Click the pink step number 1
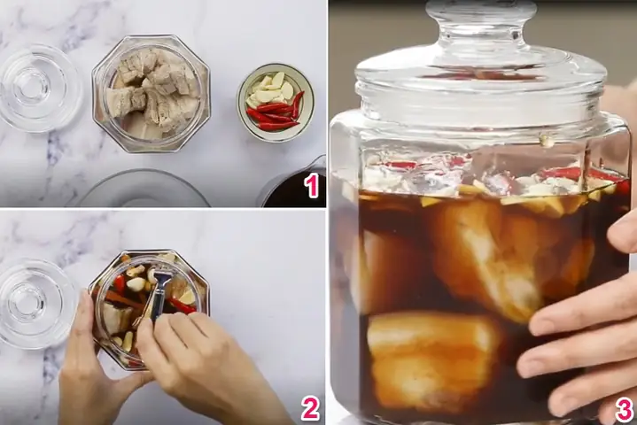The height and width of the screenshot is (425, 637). (312, 187)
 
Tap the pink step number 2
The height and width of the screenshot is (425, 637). (310, 408)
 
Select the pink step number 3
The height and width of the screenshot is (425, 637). (624, 410)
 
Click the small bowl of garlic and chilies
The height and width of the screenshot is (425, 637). (276, 103)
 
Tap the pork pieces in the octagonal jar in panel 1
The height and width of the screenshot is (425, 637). (151, 93)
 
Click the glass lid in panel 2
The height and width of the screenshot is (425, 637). (35, 303)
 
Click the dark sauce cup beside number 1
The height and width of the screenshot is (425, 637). (293, 185)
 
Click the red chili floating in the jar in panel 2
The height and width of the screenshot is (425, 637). (181, 305)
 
